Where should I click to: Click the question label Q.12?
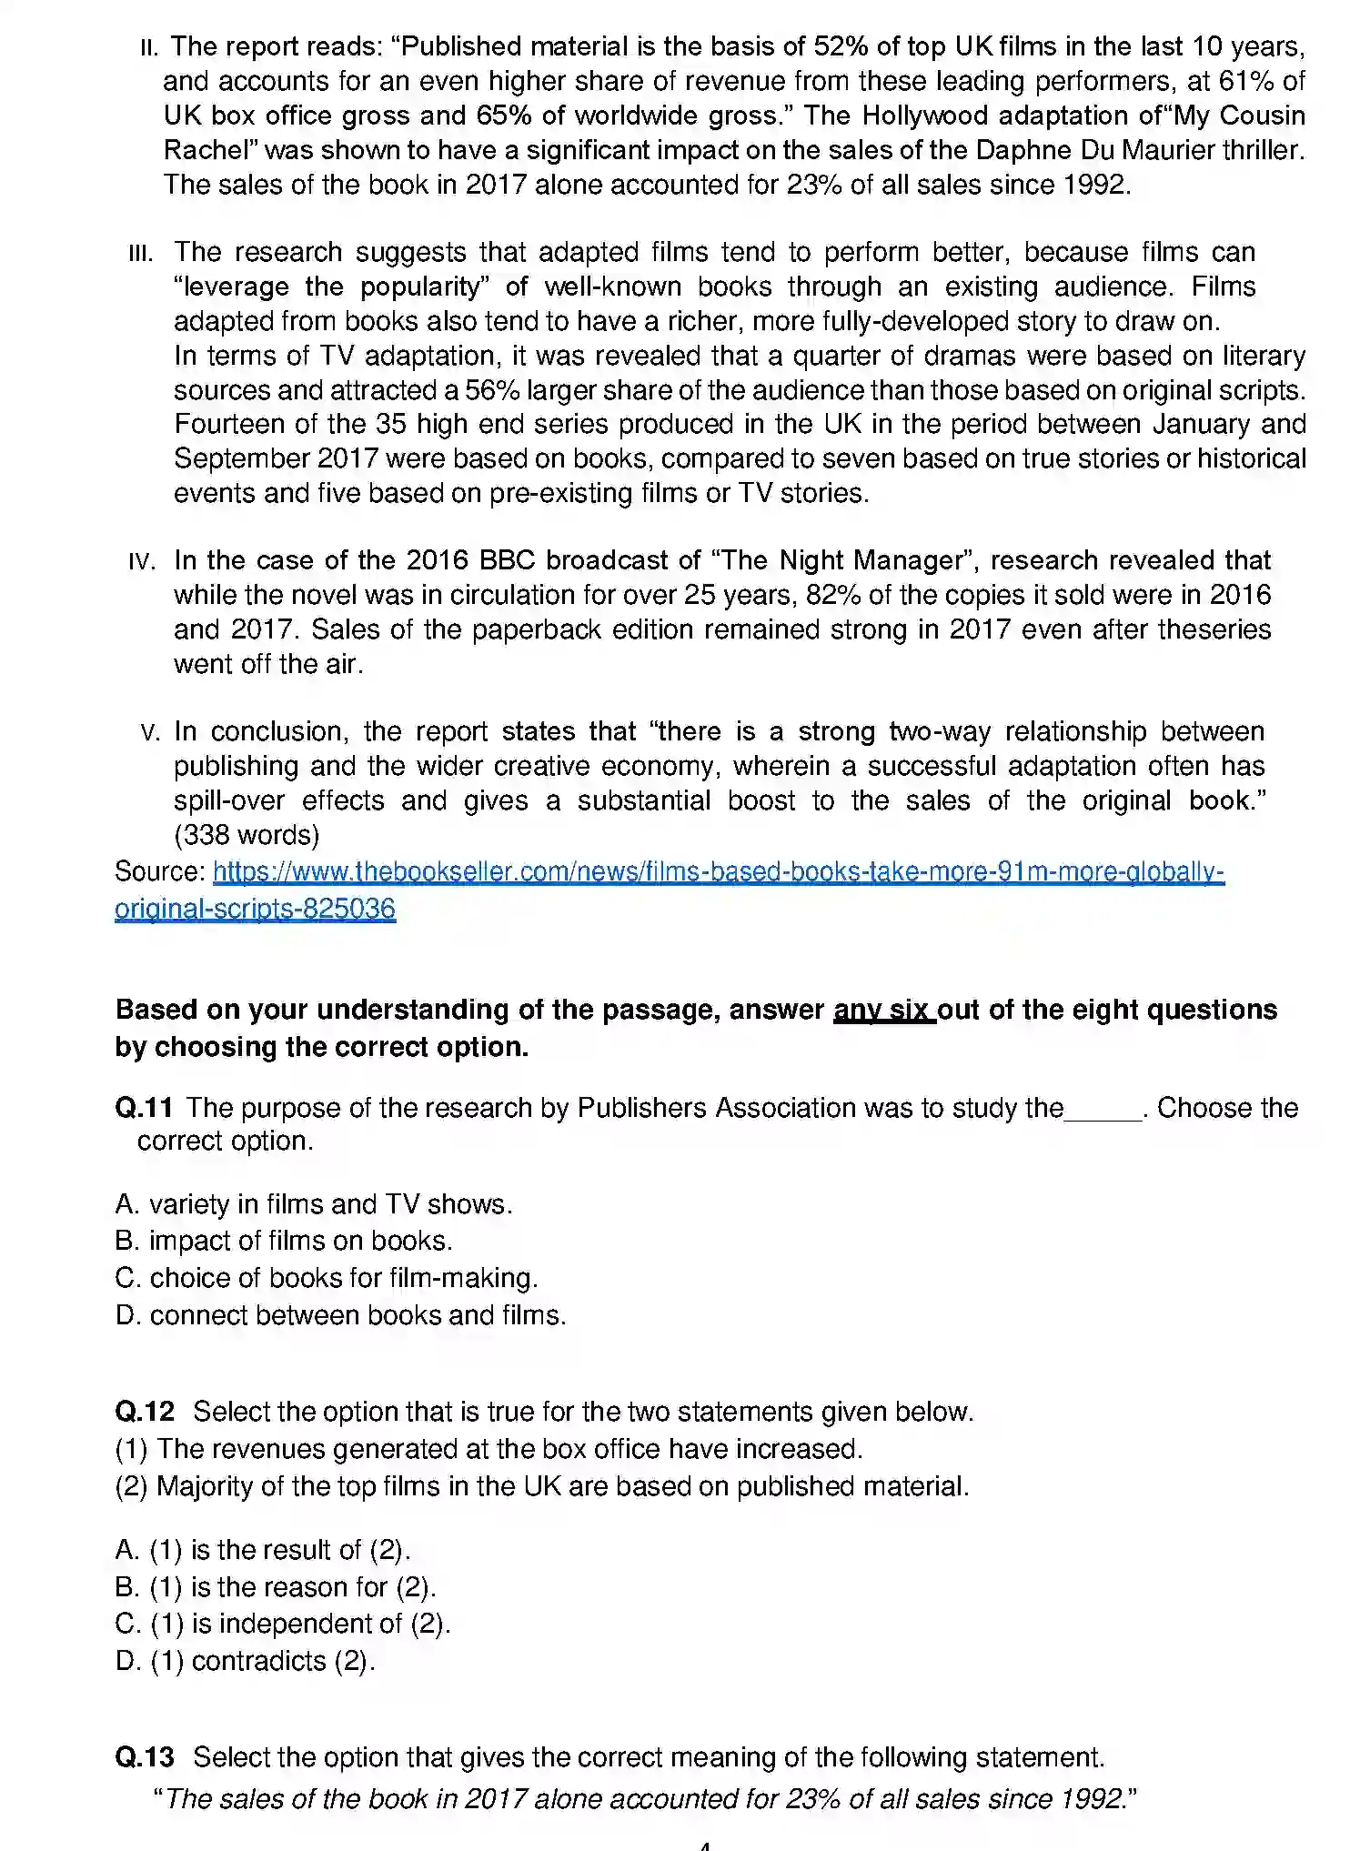(145, 1412)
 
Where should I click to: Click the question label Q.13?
(145, 1757)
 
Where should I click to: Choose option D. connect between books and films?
(340, 1315)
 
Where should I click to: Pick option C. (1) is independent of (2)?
(283, 1624)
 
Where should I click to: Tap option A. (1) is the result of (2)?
(263, 1550)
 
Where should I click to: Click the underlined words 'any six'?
(883, 1010)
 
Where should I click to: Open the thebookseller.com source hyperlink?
(718, 872)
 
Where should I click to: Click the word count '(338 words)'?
(247, 835)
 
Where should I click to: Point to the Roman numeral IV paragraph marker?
(143, 561)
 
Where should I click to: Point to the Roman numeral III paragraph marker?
(141, 253)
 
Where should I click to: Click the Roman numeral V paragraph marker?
(151, 732)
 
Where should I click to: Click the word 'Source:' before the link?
(159, 872)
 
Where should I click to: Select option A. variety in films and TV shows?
(314, 1204)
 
